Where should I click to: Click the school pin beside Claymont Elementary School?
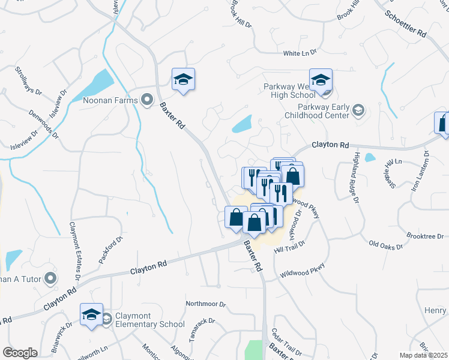tap(91, 316)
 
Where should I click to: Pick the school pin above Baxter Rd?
tap(184, 80)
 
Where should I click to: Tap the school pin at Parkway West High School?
tap(321, 82)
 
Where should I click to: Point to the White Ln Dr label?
tap(300, 53)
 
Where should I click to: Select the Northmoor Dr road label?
tap(205, 304)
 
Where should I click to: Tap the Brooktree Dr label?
tap(429, 236)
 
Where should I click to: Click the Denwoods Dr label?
tap(43, 124)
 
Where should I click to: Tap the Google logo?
tap(20, 352)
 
